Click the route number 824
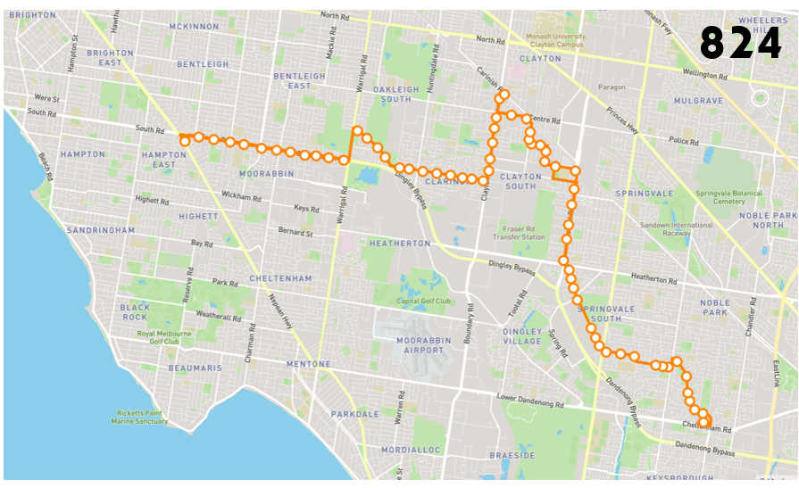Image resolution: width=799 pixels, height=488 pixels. click(740, 42)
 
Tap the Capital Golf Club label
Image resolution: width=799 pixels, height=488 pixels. click(421, 301)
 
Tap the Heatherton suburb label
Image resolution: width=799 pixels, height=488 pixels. click(400, 243)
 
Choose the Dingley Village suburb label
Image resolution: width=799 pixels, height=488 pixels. click(522, 336)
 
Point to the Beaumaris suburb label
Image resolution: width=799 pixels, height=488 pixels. click(194, 368)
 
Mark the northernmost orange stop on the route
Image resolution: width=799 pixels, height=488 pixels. click(504, 94)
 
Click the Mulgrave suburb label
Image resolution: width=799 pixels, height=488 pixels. click(698, 101)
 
